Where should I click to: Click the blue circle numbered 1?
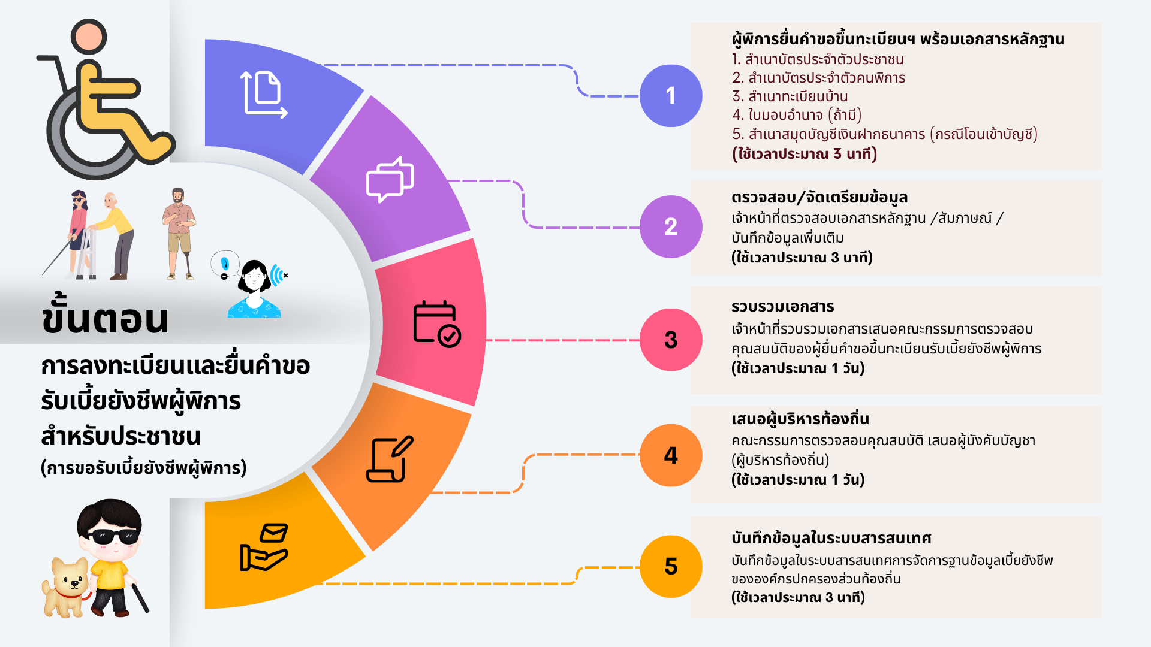(671, 96)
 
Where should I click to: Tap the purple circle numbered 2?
(671, 226)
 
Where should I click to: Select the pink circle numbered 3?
(671, 340)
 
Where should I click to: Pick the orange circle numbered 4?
(671, 455)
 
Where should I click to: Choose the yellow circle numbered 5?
(671, 566)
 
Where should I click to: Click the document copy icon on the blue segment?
(264, 94)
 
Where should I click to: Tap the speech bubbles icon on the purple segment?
(390, 179)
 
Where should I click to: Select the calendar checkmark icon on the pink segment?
(436, 323)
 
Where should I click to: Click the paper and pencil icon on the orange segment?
(390, 459)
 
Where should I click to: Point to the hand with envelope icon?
(264, 547)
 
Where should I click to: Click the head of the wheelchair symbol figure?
(89, 36)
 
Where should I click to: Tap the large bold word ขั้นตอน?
(106, 318)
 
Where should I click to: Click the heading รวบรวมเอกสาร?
(782, 307)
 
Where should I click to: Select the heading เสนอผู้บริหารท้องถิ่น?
(800, 419)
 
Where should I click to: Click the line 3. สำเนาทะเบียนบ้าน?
(790, 96)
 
